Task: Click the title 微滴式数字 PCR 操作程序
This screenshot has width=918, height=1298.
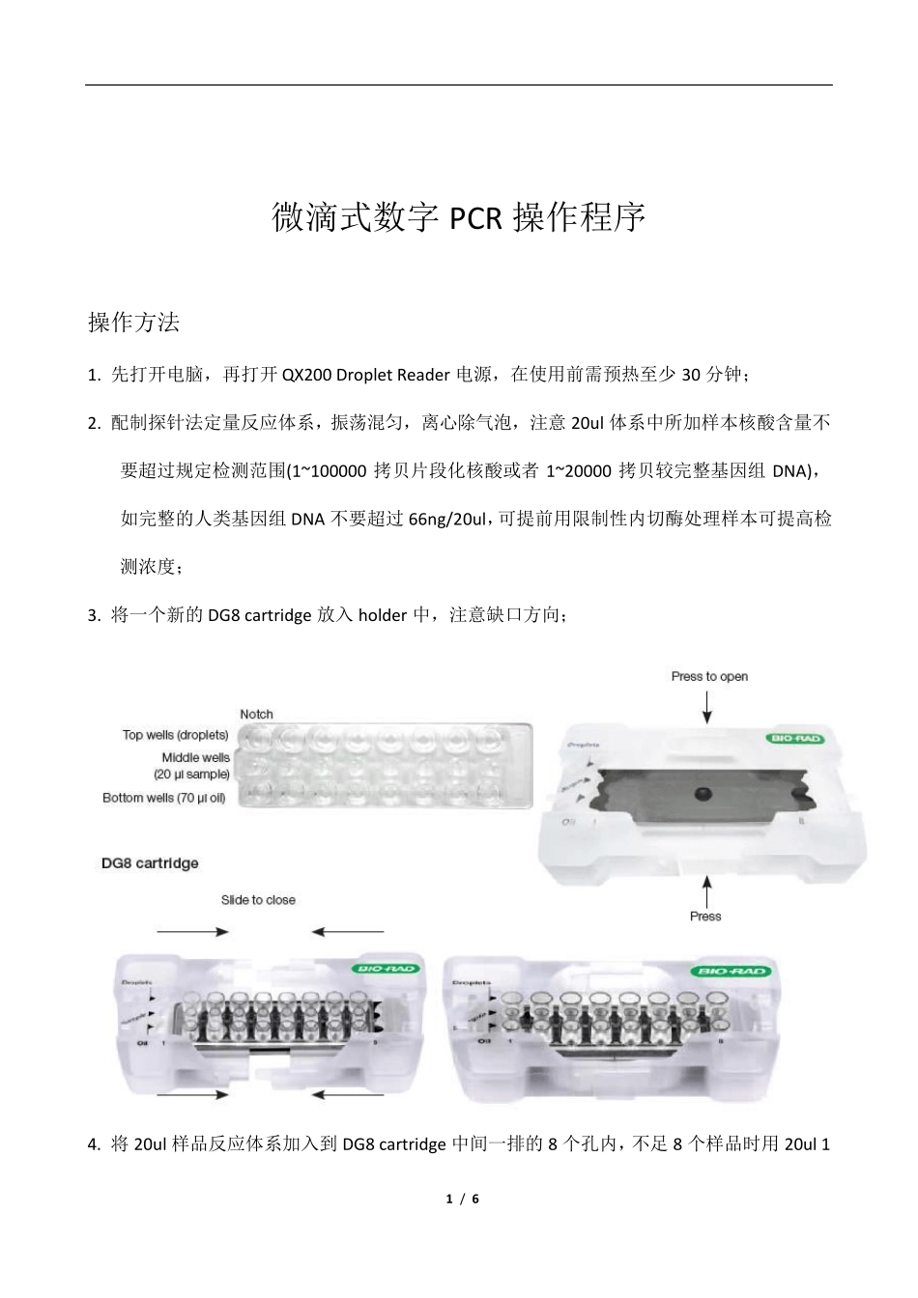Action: (x=458, y=218)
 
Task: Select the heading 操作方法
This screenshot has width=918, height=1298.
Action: (x=133, y=323)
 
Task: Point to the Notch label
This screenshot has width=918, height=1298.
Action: (x=256, y=715)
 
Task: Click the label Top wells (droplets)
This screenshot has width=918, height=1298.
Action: (x=175, y=735)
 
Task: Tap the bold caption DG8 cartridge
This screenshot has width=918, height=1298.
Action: (x=150, y=863)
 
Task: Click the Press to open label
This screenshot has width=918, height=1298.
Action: (x=709, y=676)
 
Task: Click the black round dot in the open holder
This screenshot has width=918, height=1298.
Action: (x=703, y=793)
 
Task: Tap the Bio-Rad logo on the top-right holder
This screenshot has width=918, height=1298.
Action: (x=795, y=740)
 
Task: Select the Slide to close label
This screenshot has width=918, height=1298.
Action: (x=258, y=900)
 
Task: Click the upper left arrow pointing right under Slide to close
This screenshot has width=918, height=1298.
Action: (x=193, y=932)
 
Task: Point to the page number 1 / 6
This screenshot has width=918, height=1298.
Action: (x=463, y=1199)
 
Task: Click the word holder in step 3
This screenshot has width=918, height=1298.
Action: (x=383, y=615)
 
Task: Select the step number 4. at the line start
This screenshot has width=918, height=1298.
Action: (x=94, y=1145)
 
